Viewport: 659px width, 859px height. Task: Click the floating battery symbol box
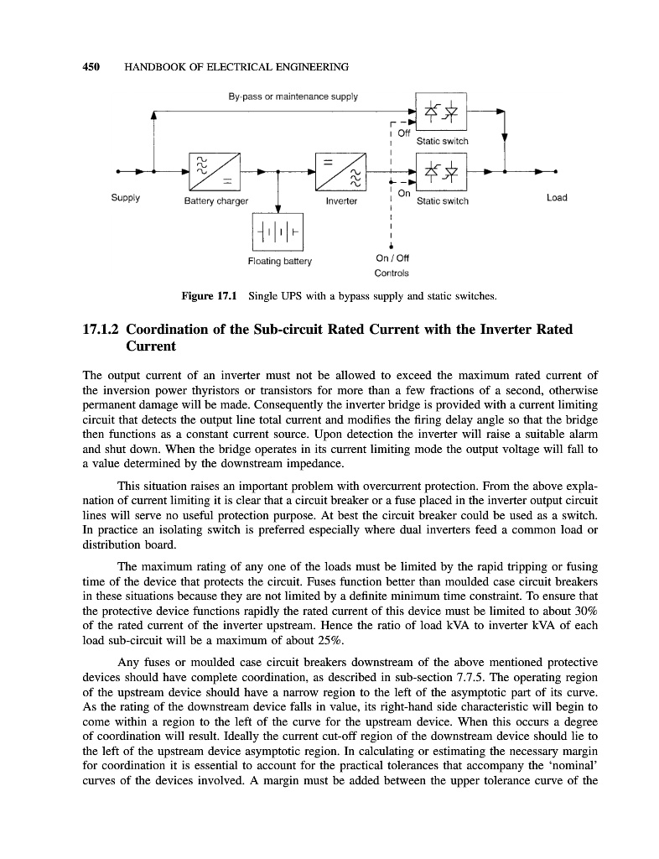278,229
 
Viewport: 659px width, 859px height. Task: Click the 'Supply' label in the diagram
126,199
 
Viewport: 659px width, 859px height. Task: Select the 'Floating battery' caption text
279,261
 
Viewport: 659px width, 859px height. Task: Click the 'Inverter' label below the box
340,201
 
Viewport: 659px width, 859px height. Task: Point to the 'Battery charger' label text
216,201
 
